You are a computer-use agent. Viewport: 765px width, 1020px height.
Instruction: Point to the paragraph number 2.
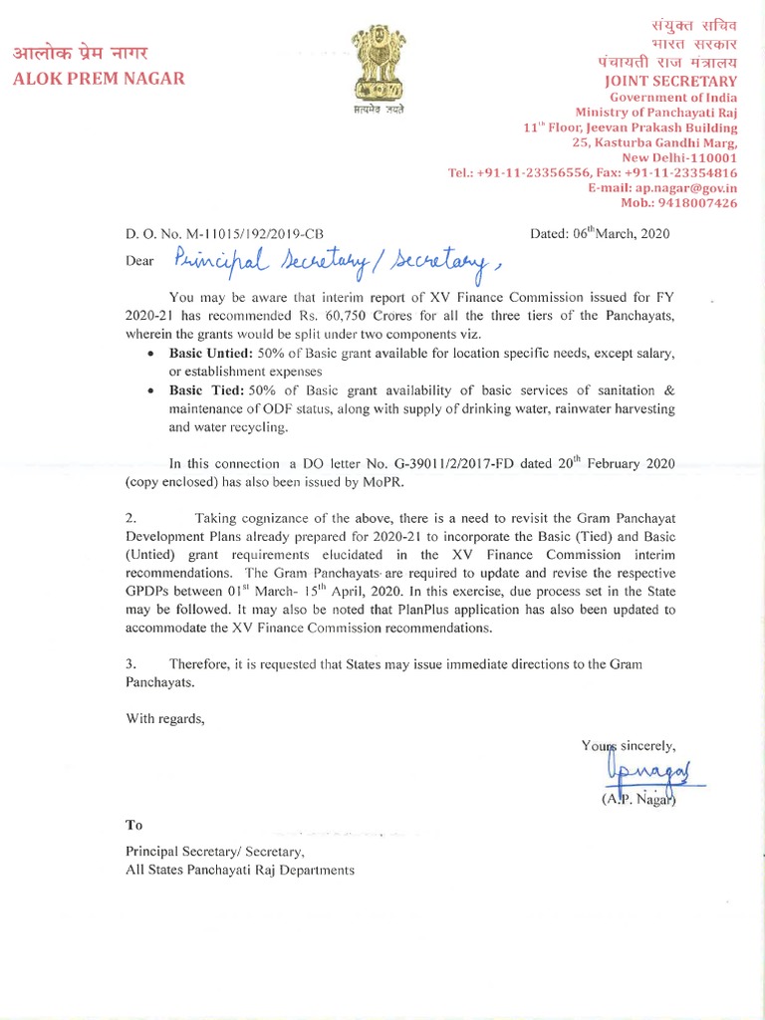coord(130,518)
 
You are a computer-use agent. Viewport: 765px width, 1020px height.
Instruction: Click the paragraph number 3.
coord(130,663)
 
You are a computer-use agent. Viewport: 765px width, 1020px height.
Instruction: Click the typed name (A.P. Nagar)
coord(639,799)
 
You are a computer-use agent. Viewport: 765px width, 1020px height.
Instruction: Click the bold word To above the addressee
coord(134,825)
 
